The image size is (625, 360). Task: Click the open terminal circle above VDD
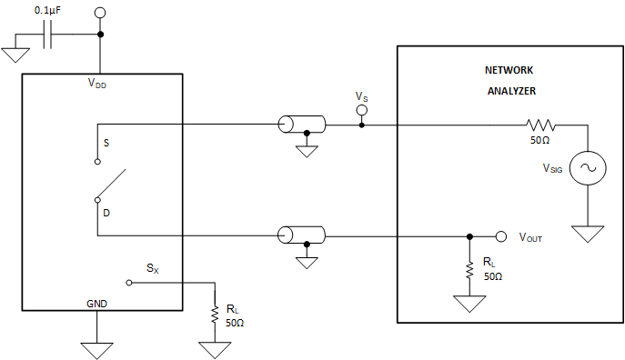[100, 14]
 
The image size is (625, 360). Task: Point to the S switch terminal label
[106, 143]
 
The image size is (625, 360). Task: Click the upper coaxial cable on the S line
[301, 125]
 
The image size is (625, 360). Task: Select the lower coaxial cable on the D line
[301, 235]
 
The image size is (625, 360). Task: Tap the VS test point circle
[361, 111]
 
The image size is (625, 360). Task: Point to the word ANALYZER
[510, 91]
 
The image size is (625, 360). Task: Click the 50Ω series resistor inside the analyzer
[539, 125]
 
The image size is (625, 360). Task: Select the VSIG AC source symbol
[587, 169]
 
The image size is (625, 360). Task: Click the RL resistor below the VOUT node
[469, 270]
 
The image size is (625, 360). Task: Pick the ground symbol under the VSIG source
[587, 234]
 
